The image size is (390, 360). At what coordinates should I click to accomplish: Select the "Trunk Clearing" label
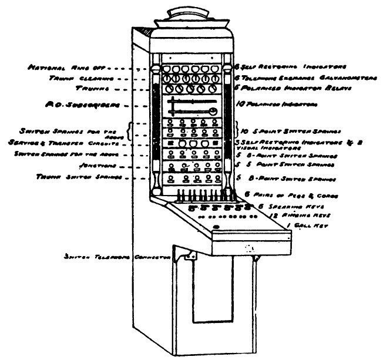pos(70,78)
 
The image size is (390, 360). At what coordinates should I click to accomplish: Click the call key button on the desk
pos(217,227)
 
